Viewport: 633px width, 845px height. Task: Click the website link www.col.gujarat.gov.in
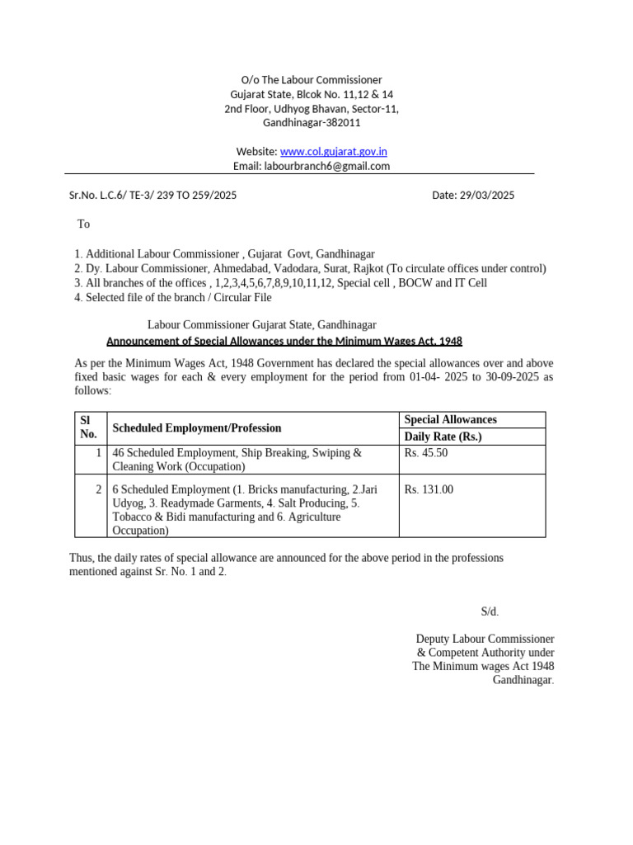tap(334, 151)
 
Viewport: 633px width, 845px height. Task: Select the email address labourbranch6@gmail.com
tap(327, 166)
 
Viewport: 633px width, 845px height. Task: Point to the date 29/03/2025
tap(487, 196)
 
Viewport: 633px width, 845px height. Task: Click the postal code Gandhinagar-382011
tap(312, 123)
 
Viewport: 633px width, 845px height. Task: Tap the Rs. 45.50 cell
tap(426, 453)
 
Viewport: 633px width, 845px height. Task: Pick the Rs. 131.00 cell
tap(429, 489)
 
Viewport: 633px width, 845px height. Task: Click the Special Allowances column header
tap(450, 420)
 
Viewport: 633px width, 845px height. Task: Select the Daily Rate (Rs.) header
tap(443, 437)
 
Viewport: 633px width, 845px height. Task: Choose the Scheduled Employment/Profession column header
tap(197, 428)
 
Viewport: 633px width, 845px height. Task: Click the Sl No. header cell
tap(88, 427)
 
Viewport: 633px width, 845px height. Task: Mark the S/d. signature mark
tap(490, 611)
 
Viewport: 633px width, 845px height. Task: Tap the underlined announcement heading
tap(284, 341)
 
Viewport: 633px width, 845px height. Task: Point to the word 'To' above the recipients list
tap(83, 224)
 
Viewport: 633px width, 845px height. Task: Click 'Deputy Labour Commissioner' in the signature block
tap(485, 639)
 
